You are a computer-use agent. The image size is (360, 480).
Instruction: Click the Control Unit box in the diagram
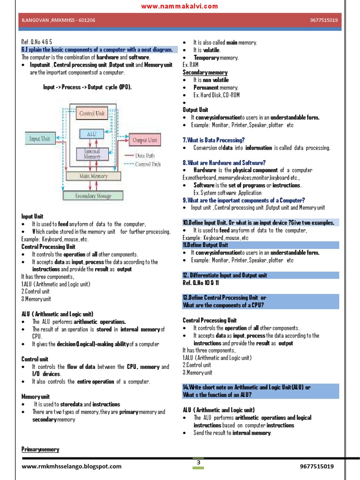point(92,113)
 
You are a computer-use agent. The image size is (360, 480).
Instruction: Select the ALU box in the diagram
point(92,134)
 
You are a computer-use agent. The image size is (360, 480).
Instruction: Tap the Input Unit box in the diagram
point(40,139)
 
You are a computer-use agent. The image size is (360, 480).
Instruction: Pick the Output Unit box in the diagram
point(145,140)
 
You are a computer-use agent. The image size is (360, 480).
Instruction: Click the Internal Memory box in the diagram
point(92,154)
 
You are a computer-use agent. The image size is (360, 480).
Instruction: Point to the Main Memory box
point(94,176)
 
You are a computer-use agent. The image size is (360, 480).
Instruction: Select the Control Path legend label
point(148,164)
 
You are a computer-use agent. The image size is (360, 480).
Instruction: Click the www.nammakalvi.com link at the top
point(180,6)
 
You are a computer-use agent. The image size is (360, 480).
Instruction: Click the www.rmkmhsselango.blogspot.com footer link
point(71,466)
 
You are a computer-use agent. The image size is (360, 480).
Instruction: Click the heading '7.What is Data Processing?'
point(213,140)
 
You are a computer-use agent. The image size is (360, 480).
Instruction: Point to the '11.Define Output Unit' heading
point(205,245)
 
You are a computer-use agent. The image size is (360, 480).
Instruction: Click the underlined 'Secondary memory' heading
point(205,73)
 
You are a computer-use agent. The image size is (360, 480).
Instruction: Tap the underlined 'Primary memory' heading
point(40,450)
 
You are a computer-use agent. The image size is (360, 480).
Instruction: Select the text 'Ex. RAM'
point(191,65)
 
